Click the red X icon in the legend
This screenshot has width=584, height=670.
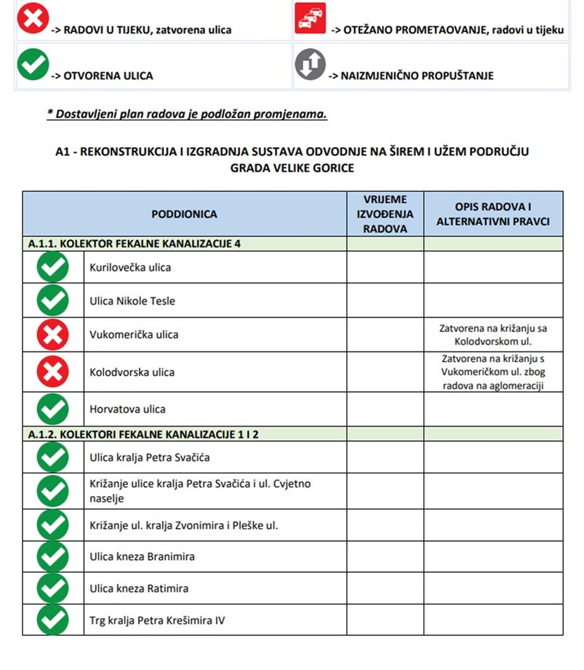33,18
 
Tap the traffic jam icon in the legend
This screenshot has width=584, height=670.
311,18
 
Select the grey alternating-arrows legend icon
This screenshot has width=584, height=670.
311,65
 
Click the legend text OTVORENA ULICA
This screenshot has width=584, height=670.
108,76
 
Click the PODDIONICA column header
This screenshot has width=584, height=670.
184,214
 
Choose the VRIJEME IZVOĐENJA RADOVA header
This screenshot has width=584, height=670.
385,214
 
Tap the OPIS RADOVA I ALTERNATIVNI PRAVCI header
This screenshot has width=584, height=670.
492,214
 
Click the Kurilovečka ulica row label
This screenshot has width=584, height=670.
130,268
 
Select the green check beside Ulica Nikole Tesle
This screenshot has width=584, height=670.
52,300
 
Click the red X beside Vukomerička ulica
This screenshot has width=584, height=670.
52,335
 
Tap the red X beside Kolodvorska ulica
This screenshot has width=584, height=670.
52,372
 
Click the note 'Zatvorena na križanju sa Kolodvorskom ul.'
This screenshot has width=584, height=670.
493,335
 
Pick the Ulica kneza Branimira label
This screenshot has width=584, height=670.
142,557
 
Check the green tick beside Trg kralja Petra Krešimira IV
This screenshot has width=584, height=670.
52,620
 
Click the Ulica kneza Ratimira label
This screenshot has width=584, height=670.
139,589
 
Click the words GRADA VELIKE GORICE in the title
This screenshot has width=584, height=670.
292,167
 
